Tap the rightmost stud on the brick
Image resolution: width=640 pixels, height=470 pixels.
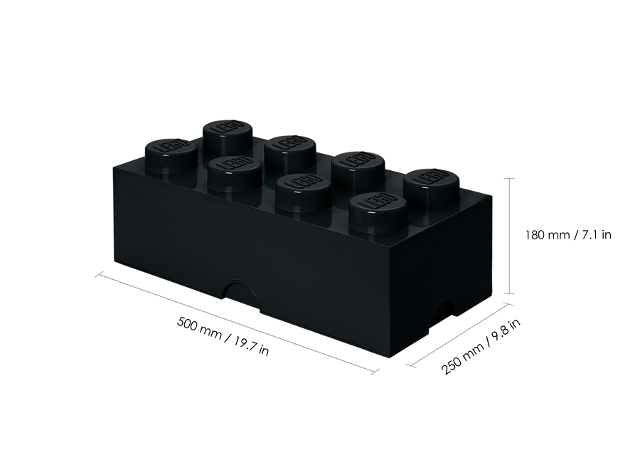(x=429, y=181)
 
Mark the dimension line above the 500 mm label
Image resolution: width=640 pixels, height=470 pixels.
(x=235, y=321)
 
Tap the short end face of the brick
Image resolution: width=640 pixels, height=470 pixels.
(x=444, y=278)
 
